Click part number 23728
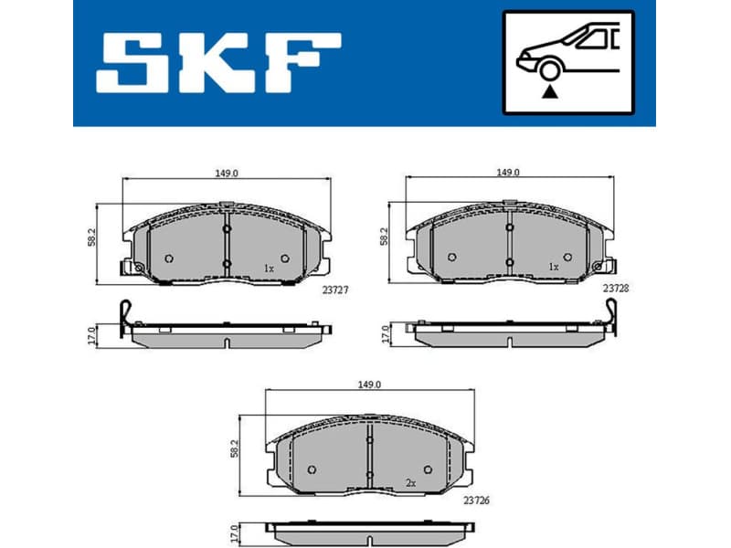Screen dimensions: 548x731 [x=614, y=288]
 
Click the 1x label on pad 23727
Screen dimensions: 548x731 [x=268, y=269]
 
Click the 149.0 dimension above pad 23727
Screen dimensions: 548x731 [x=214, y=171]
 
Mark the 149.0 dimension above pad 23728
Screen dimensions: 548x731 [x=507, y=171]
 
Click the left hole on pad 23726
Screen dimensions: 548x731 [x=311, y=469]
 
